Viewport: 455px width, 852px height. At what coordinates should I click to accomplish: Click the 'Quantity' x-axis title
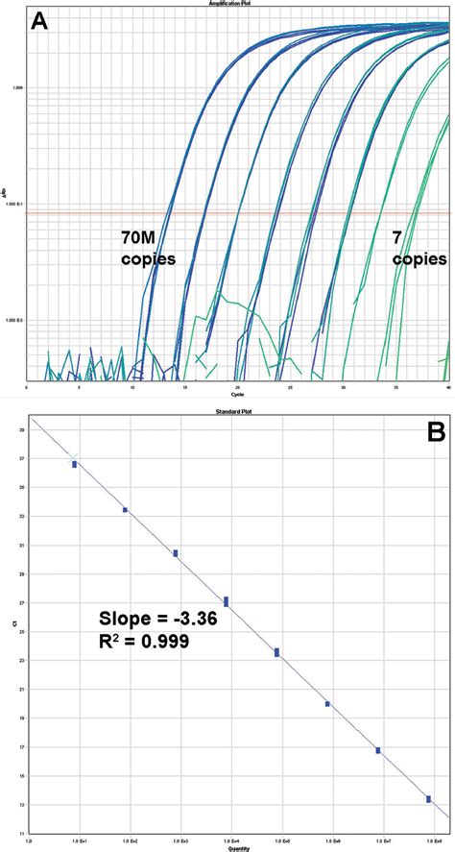pos(238,847)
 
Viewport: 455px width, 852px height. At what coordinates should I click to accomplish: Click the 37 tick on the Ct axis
pos(22,459)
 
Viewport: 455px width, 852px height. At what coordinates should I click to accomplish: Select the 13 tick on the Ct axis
pos(22,804)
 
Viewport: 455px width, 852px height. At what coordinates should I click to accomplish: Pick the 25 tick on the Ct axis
pos(22,632)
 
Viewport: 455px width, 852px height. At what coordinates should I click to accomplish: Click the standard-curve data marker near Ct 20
pos(327,704)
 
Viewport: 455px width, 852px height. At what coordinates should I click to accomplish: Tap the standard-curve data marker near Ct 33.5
pos(125,510)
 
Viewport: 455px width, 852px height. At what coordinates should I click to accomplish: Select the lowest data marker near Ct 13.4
pos(428,799)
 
